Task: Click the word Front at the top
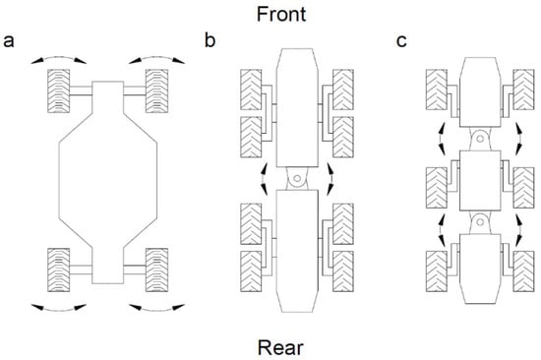click(281, 15)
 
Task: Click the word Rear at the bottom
click(280, 347)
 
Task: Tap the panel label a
click(9, 41)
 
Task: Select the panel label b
click(210, 39)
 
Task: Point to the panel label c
click(401, 41)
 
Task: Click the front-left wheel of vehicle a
click(59, 90)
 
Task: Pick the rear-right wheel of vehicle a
click(157, 270)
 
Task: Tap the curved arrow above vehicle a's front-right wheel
click(157, 59)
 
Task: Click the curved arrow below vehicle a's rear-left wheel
click(59, 309)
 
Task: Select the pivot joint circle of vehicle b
click(297, 179)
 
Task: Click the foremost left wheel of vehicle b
click(251, 90)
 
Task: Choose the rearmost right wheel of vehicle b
click(343, 271)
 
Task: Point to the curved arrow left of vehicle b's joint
click(263, 179)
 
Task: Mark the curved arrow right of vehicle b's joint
click(331, 179)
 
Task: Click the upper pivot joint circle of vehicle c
click(480, 139)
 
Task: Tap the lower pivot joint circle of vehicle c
click(480, 222)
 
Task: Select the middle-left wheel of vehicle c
click(437, 188)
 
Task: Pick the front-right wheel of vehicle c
click(523, 90)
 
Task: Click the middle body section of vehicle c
click(480, 180)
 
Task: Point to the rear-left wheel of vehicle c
click(437, 271)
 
